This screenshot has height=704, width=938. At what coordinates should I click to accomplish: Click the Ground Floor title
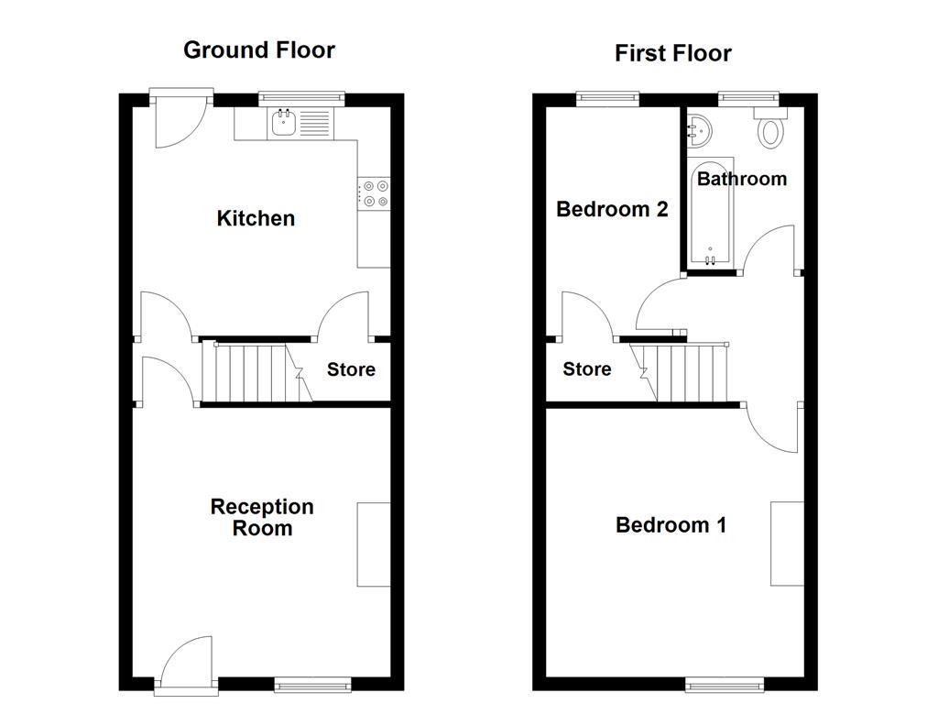(x=259, y=49)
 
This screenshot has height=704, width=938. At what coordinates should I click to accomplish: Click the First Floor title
(x=672, y=53)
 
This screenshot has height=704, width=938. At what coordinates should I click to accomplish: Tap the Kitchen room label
(x=256, y=218)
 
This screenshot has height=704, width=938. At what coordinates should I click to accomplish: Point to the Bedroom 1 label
(x=671, y=525)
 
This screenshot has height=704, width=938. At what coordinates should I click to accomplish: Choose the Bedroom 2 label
(x=612, y=209)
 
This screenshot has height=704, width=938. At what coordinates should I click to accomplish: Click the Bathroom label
(x=741, y=179)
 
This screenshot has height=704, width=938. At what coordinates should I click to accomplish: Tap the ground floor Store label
(x=351, y=369)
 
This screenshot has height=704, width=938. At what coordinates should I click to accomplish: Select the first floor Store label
(x=586, y=369)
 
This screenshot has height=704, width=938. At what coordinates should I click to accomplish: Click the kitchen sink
(x=283, y=122)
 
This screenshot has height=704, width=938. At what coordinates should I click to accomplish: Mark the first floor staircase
(x=687, y=372)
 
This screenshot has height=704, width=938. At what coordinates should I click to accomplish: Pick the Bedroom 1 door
(x=771, y=427)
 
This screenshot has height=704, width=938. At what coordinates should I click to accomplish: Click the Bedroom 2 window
(x=607, y=95)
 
